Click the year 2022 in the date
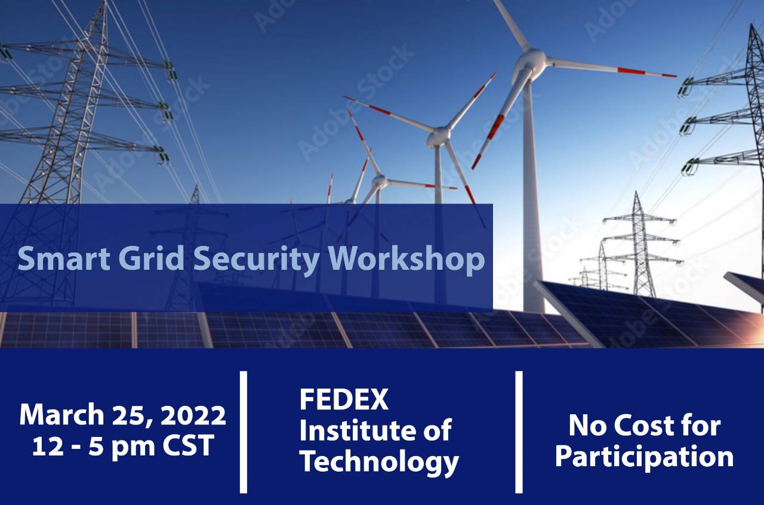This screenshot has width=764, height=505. click(193, 415)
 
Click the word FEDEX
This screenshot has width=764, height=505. click(344, 399)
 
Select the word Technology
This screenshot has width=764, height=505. click(379, 461)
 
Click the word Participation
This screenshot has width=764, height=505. click(644, 457)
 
